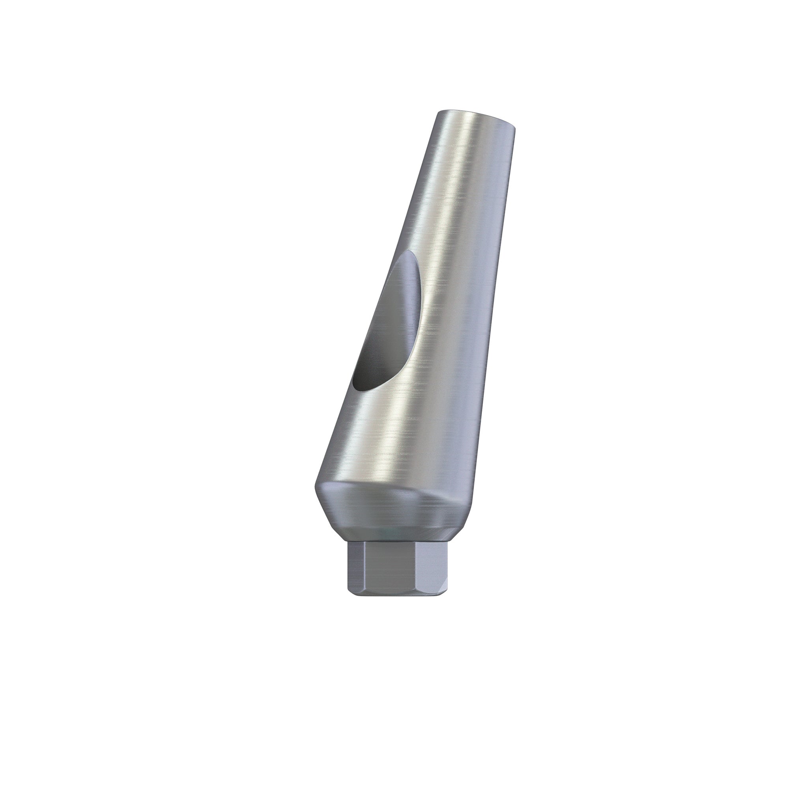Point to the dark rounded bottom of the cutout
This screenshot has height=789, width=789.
[359, 382]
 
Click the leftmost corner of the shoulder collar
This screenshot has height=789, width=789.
[316, 486]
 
